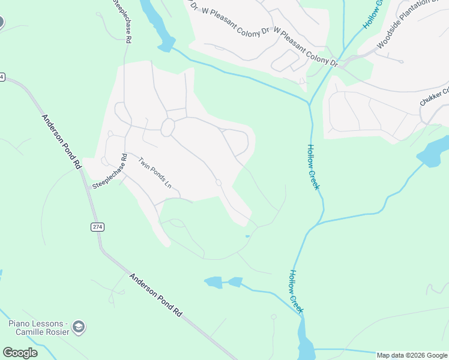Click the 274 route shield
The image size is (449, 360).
pos(97,226)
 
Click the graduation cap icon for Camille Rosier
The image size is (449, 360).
pos(78,327)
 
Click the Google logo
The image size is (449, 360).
pos(20,353)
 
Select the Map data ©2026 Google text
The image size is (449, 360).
pos(412,355)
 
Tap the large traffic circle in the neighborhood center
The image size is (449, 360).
pos(167,127)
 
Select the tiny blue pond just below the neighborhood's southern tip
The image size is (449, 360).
pos(247,236)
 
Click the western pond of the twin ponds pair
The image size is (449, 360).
pos(213,281)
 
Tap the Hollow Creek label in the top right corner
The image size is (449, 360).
pos(372,13)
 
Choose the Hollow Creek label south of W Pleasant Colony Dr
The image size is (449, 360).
pos(313,167)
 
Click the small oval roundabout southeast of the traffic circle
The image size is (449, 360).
pos(218,182)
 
